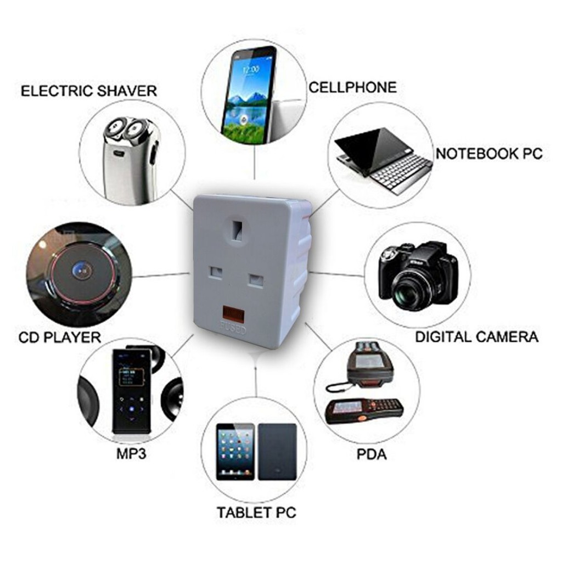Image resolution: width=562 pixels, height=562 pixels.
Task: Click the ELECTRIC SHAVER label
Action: tap(88, 91)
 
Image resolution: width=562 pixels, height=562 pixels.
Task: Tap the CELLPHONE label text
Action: tap(352, 87)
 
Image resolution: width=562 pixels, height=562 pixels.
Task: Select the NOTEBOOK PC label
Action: tap(488, 154)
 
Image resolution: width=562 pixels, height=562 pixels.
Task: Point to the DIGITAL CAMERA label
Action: tap(476, 336)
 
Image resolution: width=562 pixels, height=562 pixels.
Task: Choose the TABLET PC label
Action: tap(256, 513)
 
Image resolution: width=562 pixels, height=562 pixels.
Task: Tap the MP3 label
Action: tap(131, 455)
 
